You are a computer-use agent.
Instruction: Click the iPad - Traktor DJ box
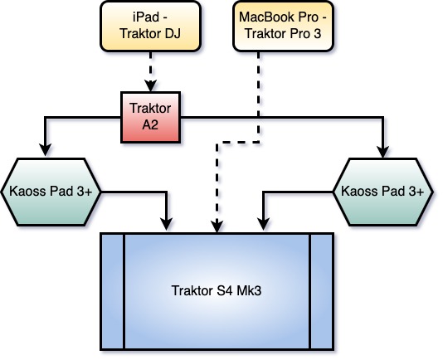151,27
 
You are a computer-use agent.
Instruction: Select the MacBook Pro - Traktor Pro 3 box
284,27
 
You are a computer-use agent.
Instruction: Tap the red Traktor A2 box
151,117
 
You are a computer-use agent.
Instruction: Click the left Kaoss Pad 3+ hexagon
51,192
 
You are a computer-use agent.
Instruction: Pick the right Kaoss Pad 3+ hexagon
382,192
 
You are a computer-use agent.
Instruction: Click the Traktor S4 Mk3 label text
217,291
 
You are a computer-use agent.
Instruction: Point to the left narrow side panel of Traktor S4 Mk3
113,292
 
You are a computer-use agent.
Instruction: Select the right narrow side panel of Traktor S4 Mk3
322,292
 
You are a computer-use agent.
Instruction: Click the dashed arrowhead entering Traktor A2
151,86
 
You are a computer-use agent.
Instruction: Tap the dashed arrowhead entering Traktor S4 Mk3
217,227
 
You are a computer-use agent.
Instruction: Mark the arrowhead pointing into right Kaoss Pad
382,152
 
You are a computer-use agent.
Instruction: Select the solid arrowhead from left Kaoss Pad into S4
167,224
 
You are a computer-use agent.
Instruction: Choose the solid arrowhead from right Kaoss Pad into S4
263,224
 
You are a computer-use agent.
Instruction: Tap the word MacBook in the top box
265,17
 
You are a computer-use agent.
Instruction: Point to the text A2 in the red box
150,125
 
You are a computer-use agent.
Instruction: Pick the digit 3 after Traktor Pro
318,34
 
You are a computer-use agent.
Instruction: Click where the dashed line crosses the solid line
259,117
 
